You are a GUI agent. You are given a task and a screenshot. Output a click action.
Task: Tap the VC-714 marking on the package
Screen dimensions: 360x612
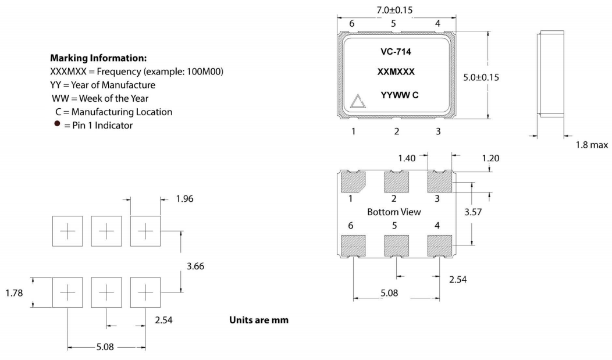396,51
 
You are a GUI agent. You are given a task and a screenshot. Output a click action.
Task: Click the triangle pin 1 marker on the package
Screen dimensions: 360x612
357,102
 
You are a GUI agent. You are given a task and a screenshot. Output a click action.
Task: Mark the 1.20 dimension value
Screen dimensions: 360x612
475,158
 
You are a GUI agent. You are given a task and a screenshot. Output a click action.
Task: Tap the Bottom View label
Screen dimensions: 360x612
394,212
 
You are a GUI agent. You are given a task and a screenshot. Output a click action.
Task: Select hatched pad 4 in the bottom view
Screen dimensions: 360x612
439,246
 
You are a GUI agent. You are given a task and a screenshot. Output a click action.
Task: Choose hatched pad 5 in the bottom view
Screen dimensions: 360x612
396,246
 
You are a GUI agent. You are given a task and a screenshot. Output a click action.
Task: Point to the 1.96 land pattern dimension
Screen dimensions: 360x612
184,199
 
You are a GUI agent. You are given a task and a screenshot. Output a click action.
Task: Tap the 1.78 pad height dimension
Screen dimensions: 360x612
14,293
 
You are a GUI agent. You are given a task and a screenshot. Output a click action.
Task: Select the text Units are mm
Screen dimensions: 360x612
259,320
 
